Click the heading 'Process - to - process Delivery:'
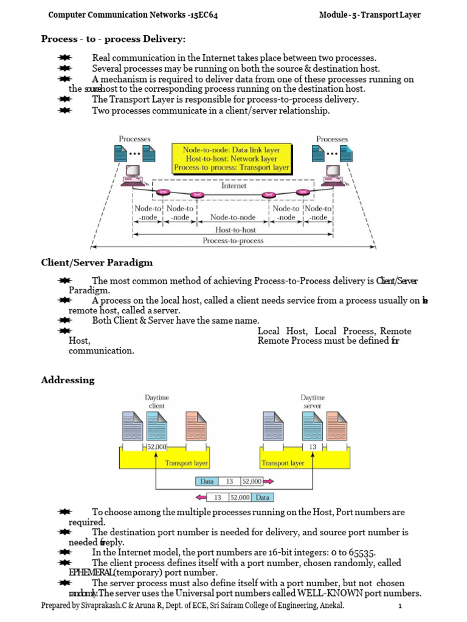click(x=113, y=39)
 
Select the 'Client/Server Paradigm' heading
click(x=97, y=263)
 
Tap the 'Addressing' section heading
click(x=67, y=380)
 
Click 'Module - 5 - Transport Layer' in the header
click(x=370, y=15)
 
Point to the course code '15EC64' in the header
click(x=204, y=15)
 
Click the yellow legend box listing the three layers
click(x=232, y=158)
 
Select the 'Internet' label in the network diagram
click(x=233, y=186)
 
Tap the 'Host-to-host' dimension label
click(x=235, y=230)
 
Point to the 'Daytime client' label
click(x=156, y=401)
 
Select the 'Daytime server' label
click(x=312, y=401)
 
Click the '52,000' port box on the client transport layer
click(x=156, y=447)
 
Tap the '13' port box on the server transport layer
click(x=312, y=447)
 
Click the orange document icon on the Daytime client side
click(x=195, y=426)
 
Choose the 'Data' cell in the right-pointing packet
click(x=205, y=480)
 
